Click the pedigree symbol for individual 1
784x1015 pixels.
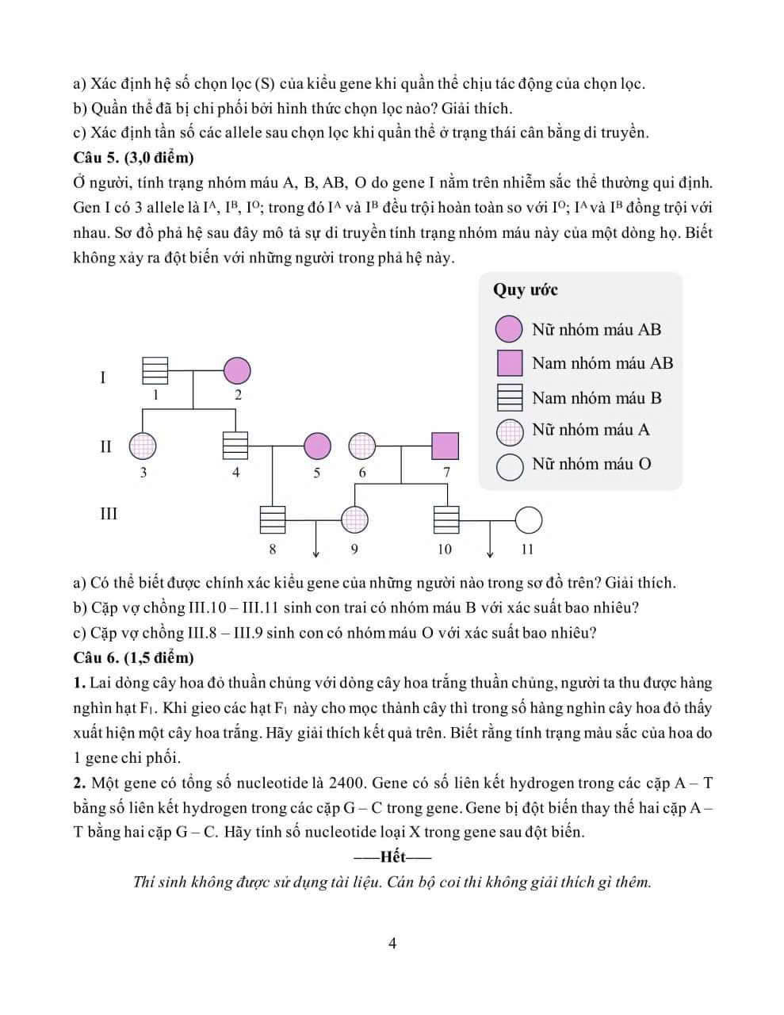coord(155,370)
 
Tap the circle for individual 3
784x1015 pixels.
coord(143,446)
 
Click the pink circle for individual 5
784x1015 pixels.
coord(317,446)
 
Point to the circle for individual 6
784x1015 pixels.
coord(361,446)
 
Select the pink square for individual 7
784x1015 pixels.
coord(446,446)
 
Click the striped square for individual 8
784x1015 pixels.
coord(273,520)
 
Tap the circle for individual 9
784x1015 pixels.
coord(354,520)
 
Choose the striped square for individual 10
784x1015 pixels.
coord(446,520)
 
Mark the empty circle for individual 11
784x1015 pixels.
coord(529,520)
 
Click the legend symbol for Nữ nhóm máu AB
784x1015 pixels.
coord(509,329)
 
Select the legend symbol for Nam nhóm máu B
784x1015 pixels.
coord(509,397)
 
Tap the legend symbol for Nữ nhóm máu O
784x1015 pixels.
coord(510,465)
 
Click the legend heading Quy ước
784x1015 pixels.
coord(525,289)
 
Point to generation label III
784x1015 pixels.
coord(108,514)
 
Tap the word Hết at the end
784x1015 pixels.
coord(392,857)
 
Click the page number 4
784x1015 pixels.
coord(392,944)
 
